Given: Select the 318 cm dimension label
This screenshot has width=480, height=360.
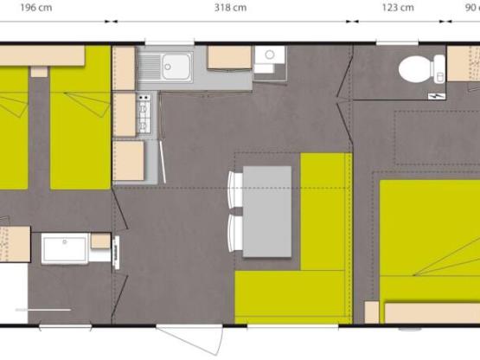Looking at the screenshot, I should [229, 8].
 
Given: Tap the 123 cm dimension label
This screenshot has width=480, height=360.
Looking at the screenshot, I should [398, 8].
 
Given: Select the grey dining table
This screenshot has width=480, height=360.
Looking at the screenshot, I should [266, 210].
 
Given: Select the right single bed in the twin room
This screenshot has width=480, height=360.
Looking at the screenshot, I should [80, 130].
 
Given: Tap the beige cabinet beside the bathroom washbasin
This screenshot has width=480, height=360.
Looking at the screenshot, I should [100, 241].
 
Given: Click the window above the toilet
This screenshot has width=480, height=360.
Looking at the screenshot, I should [397, 42].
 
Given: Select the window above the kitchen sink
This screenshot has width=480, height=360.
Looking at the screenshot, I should [170, 42].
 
